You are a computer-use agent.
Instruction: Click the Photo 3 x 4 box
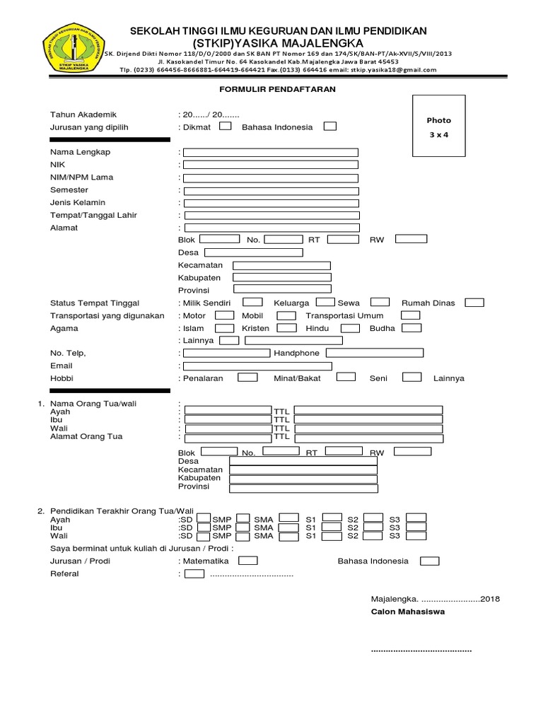(x=438, y=127)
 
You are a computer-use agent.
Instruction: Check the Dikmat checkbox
(x=225, y=127)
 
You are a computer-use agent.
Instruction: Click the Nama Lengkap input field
(x=271, y=152)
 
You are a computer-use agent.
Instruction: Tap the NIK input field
(x=271, y=165)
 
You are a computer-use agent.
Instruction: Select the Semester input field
(x=271, y=190)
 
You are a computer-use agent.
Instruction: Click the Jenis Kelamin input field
(x=271, y=203)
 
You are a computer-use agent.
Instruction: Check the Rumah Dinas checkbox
(x=474, y=303)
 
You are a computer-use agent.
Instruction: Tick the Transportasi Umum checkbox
(x=410, y=315)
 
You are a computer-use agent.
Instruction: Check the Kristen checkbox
(x=286, y=328)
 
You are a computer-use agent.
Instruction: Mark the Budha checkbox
(x=411, y=328)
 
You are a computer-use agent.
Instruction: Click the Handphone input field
(x=374, y=353)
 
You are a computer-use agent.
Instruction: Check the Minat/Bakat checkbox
(x=346, y=378)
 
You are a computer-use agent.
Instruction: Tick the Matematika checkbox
(x=248, y=561)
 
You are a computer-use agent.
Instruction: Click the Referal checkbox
(x=194, y=573)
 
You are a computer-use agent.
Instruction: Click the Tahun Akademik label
(x=83, y=115)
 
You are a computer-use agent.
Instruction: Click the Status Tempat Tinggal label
(x=94, y=303)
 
